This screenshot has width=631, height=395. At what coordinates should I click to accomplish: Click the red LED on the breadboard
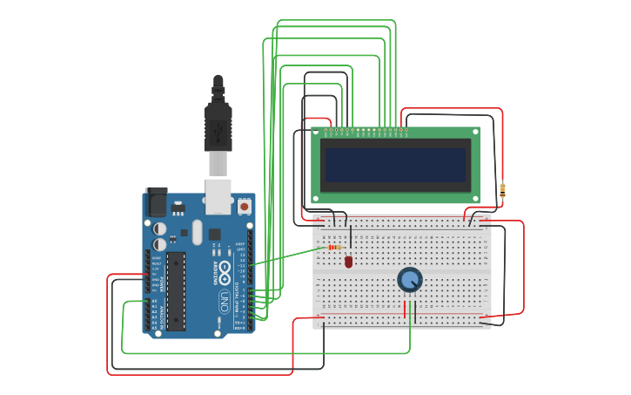tap(348, 261)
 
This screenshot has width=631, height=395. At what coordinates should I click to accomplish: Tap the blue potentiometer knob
tap(410, 280)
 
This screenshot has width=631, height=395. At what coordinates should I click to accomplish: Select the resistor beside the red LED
tap(336, 248)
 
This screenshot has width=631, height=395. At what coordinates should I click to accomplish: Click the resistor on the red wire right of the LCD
tap(502, 190)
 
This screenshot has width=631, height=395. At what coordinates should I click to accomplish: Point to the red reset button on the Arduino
tap(244, 207)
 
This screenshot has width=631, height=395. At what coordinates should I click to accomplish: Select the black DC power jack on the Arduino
tap(157, 201)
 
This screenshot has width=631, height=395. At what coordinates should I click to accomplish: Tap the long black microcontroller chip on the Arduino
tap(176, 291)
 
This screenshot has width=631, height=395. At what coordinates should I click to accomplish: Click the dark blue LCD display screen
tap(395, 164)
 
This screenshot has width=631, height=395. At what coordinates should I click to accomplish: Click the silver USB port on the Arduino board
tap(218, 195)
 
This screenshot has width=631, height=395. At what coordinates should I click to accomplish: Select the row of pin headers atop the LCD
tap(366, 132)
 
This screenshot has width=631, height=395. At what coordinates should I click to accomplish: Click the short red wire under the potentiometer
tap(405, 309)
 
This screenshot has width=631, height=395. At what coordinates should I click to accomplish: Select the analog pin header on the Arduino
tap(147, 316)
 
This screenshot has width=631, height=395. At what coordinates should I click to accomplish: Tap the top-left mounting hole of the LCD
tap(317, 133)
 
